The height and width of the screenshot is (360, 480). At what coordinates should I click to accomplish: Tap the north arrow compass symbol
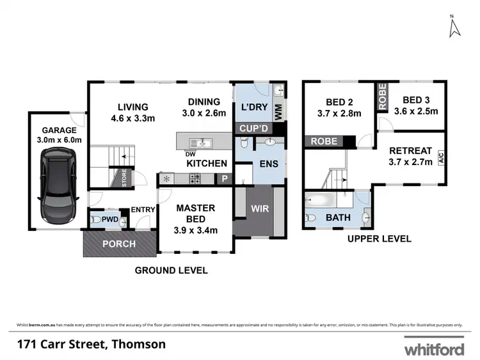pos(455,26)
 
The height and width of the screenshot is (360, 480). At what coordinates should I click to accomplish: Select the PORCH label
pos(119,244)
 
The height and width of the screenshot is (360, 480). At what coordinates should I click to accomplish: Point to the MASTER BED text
pos(196,214)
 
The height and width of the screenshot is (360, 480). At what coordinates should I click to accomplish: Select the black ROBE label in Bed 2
pos(325,141)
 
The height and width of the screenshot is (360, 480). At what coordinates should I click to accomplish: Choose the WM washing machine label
pos(278,111)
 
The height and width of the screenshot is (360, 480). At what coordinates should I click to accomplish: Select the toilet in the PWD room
pos(96,221)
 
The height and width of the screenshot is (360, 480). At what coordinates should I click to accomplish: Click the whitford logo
pos(433,348)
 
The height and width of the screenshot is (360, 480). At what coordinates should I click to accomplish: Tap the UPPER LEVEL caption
pos(380,239)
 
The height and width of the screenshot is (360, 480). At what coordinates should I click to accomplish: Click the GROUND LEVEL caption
pos(171,270)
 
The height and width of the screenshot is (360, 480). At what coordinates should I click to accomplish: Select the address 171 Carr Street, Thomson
pos(92,344)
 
